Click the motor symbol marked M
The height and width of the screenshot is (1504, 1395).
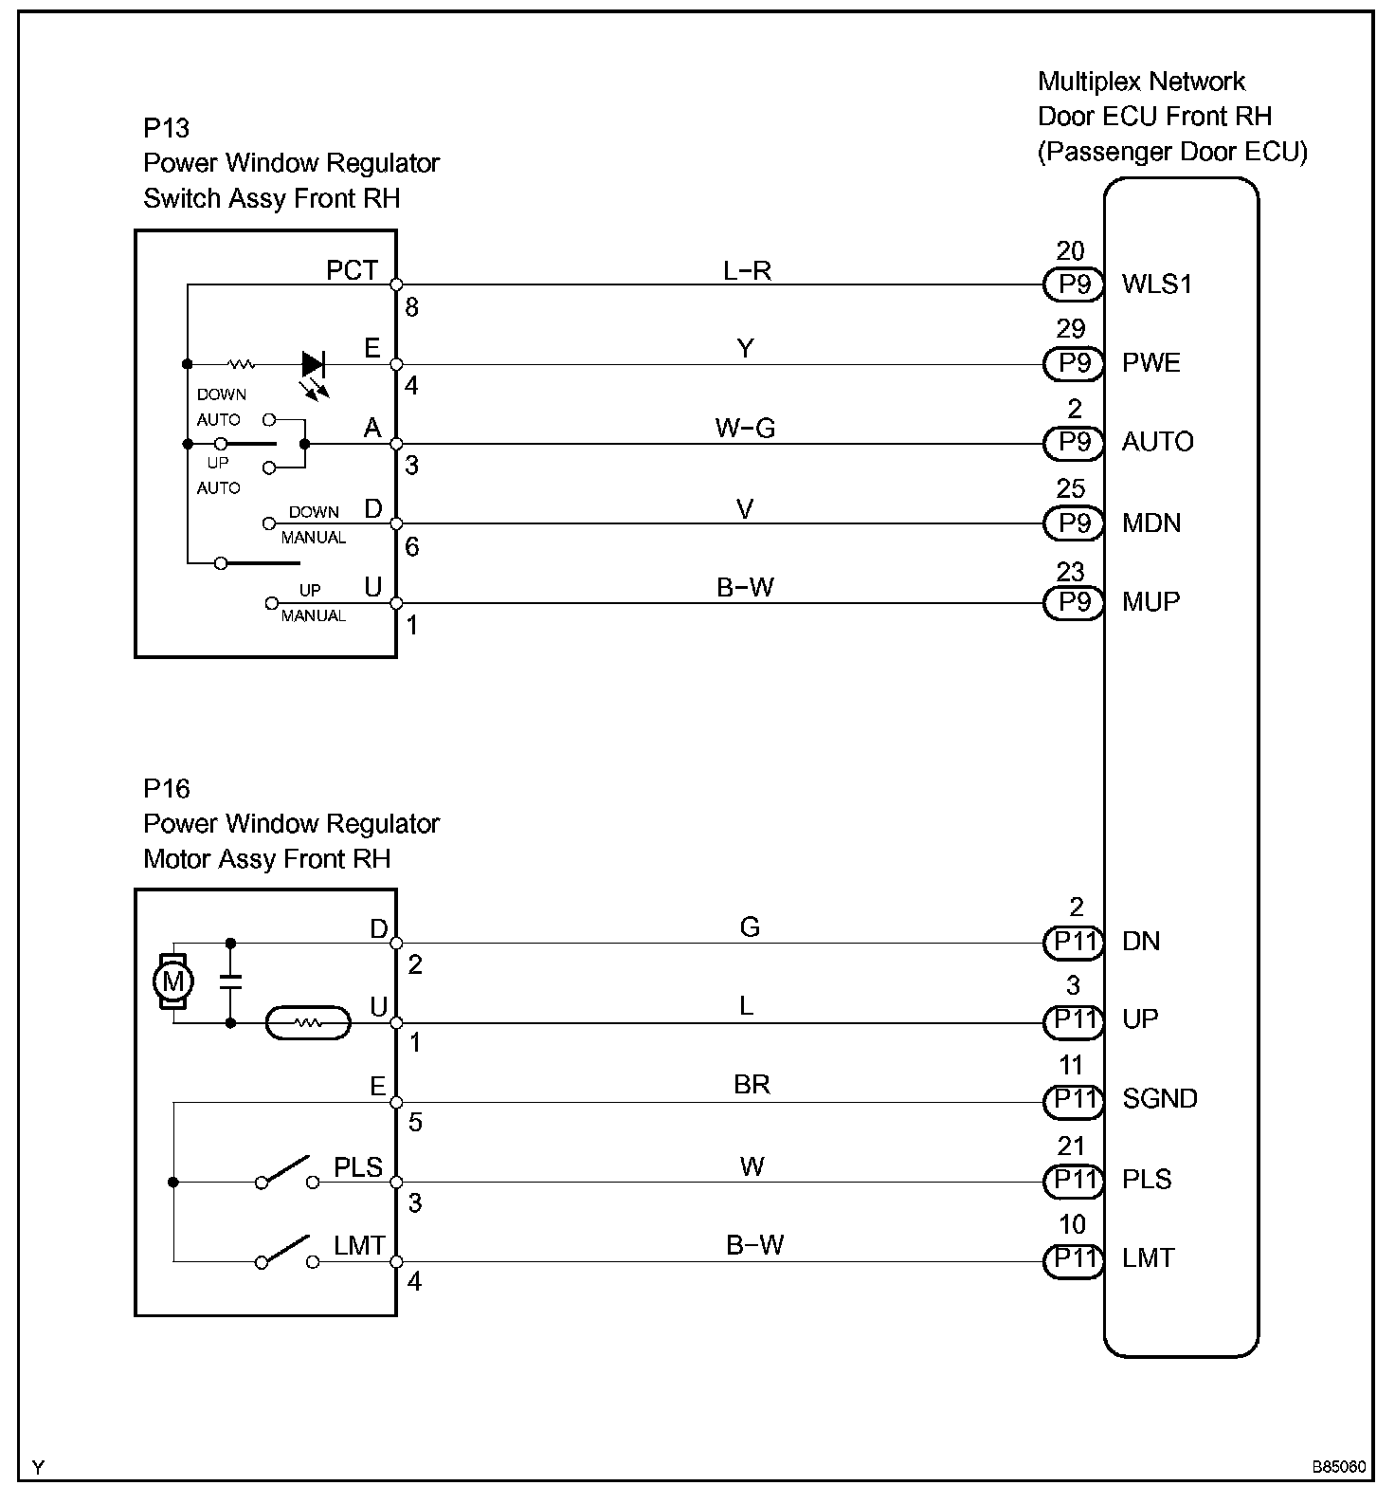[173, 981]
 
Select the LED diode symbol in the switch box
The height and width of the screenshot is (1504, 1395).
[313, 364]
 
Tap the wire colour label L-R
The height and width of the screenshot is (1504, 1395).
[747, 271]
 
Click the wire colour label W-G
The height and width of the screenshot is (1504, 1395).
[745, 429]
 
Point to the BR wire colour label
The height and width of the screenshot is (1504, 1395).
[752, 1084]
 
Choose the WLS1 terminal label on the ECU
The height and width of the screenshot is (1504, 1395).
[1156, 284]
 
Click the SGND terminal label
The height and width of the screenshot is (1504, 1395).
[1160, 1099]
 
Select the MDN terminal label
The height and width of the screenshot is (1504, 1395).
[1151, 523]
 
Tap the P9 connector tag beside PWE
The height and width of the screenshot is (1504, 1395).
[1074, 363]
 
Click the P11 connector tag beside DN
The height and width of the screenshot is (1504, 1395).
[1074, 942]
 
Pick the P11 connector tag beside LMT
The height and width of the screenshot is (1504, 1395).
[1074, 1259]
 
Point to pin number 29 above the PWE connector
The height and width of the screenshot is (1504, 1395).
[1070, 329]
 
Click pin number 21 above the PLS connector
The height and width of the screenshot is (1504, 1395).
[1071, 1146]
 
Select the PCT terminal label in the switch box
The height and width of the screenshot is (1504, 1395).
[352, 270]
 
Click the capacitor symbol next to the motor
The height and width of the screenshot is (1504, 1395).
[229, 981]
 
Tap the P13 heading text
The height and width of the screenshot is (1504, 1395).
[167, 128]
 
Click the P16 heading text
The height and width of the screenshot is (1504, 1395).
[167, 789]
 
